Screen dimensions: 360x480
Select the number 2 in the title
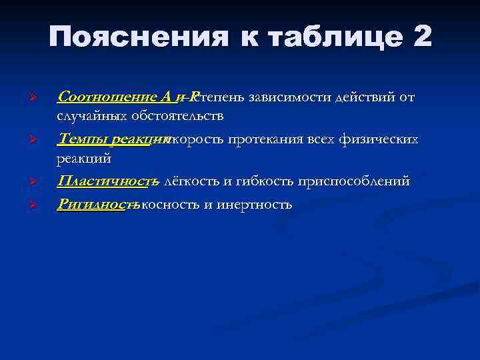(422, 37)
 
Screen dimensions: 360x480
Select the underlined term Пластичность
(106, 181)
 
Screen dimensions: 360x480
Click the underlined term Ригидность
(97, 204)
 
